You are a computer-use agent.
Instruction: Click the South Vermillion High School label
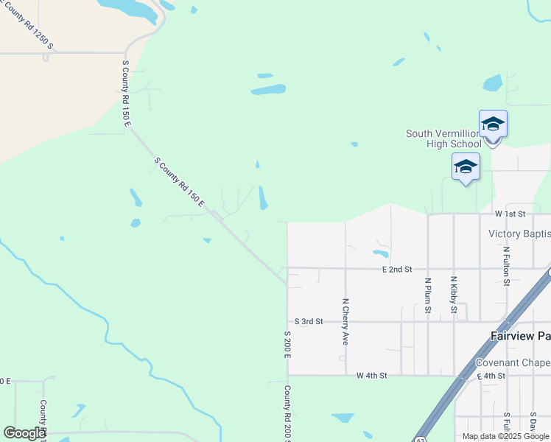point(443,138)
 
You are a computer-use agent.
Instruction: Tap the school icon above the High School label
point(492,124)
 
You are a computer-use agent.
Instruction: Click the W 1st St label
point(510,214)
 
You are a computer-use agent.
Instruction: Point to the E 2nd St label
point(396,270)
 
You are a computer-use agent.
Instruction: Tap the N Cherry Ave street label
point(345,322)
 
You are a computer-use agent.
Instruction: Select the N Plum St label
point(427,295)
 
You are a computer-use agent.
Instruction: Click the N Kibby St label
point(454,295)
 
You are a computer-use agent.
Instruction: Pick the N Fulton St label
point(507,265)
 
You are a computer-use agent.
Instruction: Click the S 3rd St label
point(309,322)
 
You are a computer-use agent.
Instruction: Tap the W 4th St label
point(372,376)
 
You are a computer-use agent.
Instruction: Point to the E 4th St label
point(490,376)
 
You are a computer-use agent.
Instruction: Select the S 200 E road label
point(287,344)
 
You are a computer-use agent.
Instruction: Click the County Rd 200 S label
point(287,413)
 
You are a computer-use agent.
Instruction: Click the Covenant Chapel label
point(513,362)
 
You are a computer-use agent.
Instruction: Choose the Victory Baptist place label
point(519,234)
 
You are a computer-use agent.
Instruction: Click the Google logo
point(24,433)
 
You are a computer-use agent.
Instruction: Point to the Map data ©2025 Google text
point(505,436)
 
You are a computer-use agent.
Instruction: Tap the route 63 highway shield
point(419,438)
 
